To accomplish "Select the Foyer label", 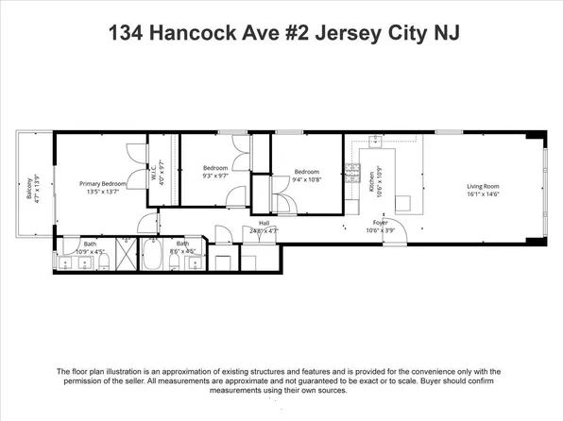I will [379, 223].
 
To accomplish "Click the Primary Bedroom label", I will [101, 183].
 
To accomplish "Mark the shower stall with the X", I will [125, 256].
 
